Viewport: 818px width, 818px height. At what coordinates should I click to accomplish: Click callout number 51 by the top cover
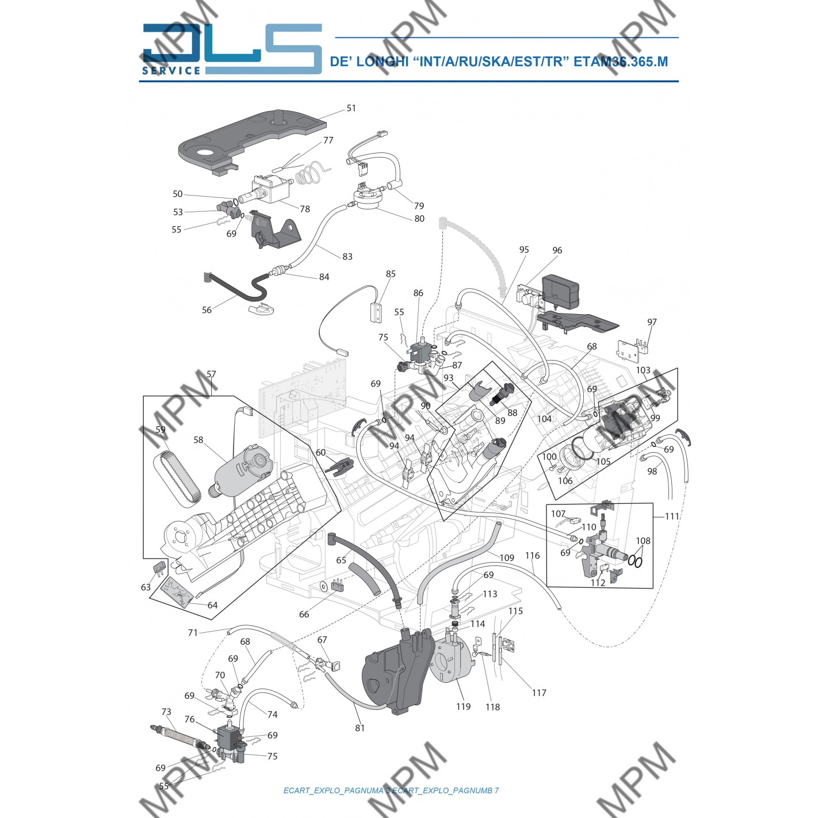[351, 108]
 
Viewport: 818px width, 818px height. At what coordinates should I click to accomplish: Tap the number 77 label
[328, 140]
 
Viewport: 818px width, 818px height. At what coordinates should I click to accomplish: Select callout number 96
[557, 250]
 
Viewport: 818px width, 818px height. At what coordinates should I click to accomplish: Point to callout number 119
[463, 707]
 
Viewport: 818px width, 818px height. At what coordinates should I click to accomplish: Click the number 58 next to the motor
[198, 440]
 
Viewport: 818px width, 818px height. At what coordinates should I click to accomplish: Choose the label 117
[538, 693]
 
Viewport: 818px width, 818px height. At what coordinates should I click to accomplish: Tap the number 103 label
[643, 370]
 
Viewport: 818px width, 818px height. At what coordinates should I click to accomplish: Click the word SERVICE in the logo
[171, 70]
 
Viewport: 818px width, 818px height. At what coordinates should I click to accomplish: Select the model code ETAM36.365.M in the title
[621, 62]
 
